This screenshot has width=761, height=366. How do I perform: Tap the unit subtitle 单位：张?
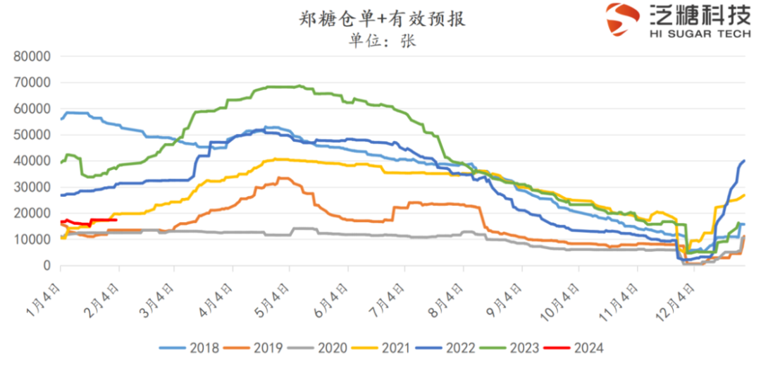(382, 41)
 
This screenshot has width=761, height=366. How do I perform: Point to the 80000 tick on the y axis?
(32, 56)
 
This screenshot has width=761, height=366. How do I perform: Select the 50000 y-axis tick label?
(32, 135)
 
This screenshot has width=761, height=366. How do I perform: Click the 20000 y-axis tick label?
(32, 214)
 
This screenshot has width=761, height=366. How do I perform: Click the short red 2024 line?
(99, 220)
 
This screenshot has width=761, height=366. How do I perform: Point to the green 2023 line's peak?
(299, 86)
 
